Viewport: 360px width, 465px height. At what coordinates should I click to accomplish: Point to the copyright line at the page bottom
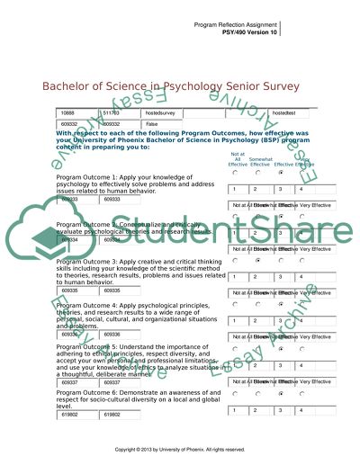[x=180, y=449]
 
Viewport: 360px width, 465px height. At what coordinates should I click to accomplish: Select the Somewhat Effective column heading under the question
[x=261, y=161]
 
